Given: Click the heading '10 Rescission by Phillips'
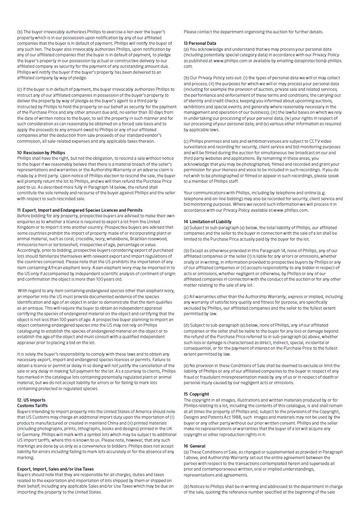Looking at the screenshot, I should (41, 153).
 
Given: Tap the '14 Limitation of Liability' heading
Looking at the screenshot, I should (208, 222).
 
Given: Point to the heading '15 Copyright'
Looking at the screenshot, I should (196, 394).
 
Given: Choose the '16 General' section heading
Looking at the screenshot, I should (194, 446).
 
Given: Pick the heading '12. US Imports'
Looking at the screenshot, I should (31, 400).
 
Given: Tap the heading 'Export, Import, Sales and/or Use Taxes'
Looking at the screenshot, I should (55, 469).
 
